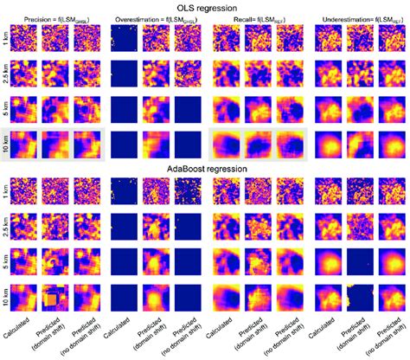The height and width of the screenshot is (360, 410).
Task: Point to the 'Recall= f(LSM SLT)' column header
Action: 258,18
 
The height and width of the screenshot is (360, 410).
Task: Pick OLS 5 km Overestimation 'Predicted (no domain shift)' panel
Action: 189,109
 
